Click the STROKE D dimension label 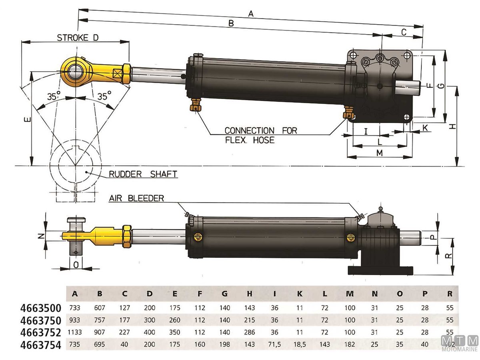[x=78, y=38]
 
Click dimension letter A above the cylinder [x=251, y=14]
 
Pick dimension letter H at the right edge [x=452, y=126]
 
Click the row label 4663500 [x=41, y=308]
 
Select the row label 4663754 [x=41, y=345]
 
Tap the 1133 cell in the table [x=75, y=333]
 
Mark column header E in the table [x=175, y=294]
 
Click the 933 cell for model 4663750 [x=75, y=320]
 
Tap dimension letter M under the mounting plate [x=380, y=153]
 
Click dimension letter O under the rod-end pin [x=76, y=264]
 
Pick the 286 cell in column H [x=250, y=333]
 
